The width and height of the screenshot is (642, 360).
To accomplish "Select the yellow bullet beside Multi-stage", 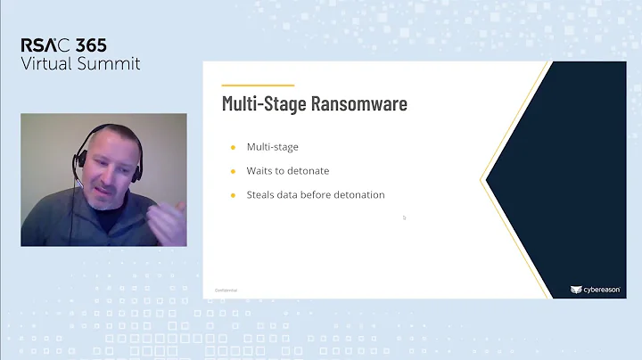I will point(234,147).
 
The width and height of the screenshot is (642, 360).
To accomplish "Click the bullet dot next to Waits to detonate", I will point(234,170).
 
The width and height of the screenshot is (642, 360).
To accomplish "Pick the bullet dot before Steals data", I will point(234,194).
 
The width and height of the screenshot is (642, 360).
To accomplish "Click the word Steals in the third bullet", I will point(261,194).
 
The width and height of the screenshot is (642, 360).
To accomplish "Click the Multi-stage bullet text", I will point(272,147).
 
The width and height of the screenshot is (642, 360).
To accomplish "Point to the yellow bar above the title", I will point(258,86).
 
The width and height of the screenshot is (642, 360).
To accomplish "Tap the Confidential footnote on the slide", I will point(226,290).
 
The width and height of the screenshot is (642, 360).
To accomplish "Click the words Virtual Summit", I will point(81,63).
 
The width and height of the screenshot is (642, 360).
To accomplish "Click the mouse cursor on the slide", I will point(404,217).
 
